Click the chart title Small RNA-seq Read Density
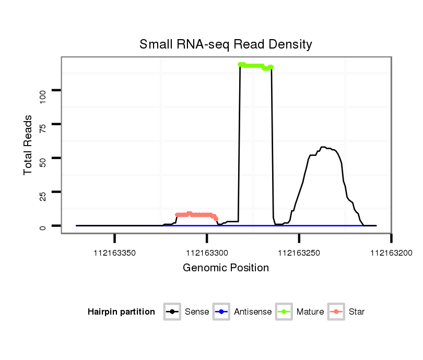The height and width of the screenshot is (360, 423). coord(226,44)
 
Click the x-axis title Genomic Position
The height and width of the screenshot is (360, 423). coord(226,268)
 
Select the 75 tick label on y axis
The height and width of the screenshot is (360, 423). coord(43,128)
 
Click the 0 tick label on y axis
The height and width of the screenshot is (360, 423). coord(43,226)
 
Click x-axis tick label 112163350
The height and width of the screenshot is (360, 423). coord(115,253)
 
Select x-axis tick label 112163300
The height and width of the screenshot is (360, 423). coord(207,253)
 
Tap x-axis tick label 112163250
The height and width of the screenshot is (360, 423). coord(299,253)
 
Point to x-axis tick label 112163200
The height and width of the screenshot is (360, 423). coord(391,253)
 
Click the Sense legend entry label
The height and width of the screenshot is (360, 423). coord(197,312)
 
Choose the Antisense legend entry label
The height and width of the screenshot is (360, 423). coord(253,312)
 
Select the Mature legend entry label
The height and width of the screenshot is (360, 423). coord(310,312)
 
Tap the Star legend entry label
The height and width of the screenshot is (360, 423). coord(357,312)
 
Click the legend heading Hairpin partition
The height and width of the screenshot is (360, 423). coord(121,312)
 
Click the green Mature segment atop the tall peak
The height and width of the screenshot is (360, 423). coord(255,66)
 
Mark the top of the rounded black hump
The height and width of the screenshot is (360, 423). coord(323,147)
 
